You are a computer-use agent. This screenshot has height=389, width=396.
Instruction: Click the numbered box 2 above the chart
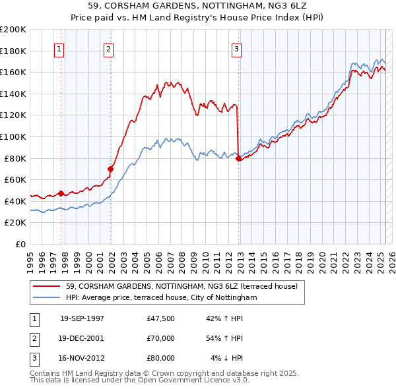[x=108, y=48]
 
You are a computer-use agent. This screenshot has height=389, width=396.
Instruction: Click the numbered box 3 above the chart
[x=236, y=48]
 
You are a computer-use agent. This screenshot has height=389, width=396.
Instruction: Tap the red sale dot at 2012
[x=238, y=158]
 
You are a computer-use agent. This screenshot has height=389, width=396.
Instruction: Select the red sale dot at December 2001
[x=111, y=169]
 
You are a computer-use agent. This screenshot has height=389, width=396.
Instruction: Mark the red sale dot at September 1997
[x=61, y=193]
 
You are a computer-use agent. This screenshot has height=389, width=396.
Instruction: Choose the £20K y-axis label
[x=16, y=223]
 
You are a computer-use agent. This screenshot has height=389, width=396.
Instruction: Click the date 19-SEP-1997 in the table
[x=82, y=318]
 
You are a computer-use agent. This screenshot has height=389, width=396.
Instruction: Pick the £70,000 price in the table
[x=161, y=338]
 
